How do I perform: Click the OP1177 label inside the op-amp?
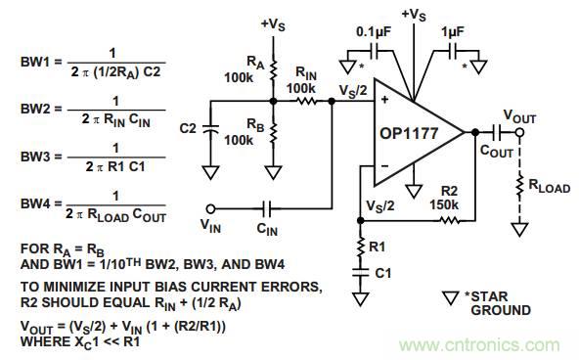click(x=409, y=133)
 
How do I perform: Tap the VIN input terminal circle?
click(x=210, y=209)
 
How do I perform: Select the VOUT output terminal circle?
click(x=519, y=132)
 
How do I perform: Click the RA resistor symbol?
click(x=273, y=70)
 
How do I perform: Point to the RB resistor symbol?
click(x=273, y=133)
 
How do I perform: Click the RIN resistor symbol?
click(x=306, y=101)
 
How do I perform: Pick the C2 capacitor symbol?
click(x=210, y=129)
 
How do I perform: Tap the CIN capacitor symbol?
click(x=267, y=209)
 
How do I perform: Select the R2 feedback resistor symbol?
click(x=449, y=221)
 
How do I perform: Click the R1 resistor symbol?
click(x=361, y=247)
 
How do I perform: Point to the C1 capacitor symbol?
click(x=361, y=273)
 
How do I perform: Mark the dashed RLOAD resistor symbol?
click(x=519, y=186)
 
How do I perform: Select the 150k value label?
click(x=444, y=204)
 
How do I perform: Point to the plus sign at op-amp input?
click(x=384, y=100)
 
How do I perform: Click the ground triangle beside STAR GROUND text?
click(x=450, y=298)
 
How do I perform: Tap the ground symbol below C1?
click(x=361, y=299)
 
